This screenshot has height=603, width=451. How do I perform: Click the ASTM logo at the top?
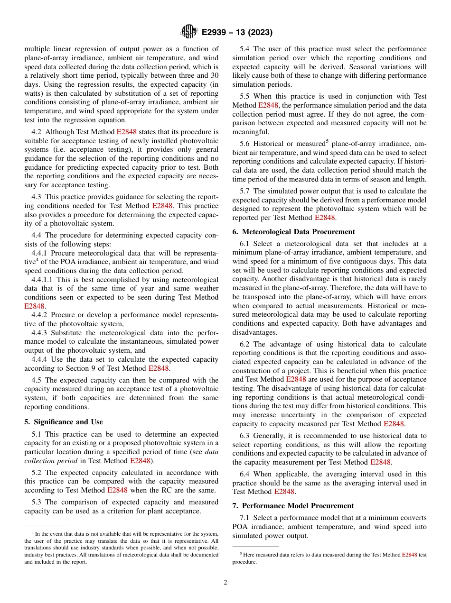pyautogui.click(x=188, y=32)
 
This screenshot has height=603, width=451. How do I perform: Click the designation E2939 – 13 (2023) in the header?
pyautogui.click(x=237, y=33)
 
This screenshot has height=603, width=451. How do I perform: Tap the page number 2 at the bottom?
pyautogui.click(x=225, y=583)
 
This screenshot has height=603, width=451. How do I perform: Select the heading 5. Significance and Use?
pyautogui.click(x=63, y=422)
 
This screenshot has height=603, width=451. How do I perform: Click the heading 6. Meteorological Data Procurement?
pyautogui.click(x=293, y=232)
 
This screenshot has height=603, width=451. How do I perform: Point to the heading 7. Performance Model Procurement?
pyautogui.click(x=293, y=506)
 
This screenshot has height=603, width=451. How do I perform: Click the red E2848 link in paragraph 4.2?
pyautogui.click(x=126, y=132)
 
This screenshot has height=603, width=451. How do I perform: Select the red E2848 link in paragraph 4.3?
pyautogui.click(x=161, y=206)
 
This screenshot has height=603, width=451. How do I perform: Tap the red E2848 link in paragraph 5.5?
pyautogui.click(x=268, y=105)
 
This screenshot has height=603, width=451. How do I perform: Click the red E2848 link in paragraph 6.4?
pyautogui.click(x=284, y=492)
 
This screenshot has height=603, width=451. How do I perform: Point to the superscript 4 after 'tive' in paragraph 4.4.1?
pyautogui.click(x=37, y=259)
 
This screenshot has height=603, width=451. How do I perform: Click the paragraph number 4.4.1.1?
pyautogui.click(x=43, y=280)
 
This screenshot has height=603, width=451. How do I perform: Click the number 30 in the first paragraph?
pyautogui.click(x=214, y=75)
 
